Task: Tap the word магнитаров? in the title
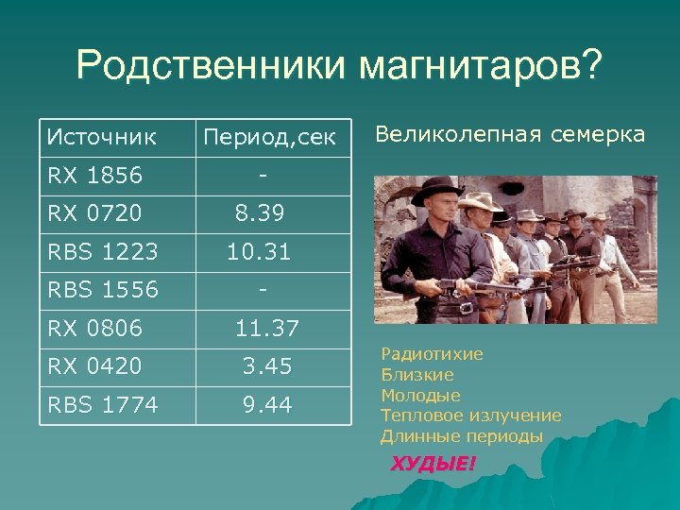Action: coord(478,68)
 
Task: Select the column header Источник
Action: coord(102,138)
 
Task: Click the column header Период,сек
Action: coord(269,139)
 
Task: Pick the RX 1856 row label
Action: coord(94,176)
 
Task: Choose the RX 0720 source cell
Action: coord(94,213)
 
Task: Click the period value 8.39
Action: coord(260,213)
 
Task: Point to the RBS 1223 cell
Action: coord(103,252)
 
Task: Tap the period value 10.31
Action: coord(259,252)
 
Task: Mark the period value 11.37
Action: coord(267,328)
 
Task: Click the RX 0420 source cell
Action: coord(94,365)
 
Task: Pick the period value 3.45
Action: coord(267,365)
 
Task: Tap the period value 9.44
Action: coord(267,405)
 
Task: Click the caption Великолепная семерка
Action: coord(510,135)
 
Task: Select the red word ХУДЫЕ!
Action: coord(433,463)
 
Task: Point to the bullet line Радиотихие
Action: coord(432,354)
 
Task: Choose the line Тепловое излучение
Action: coord(470,416)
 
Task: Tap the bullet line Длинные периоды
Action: coord(462,436)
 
